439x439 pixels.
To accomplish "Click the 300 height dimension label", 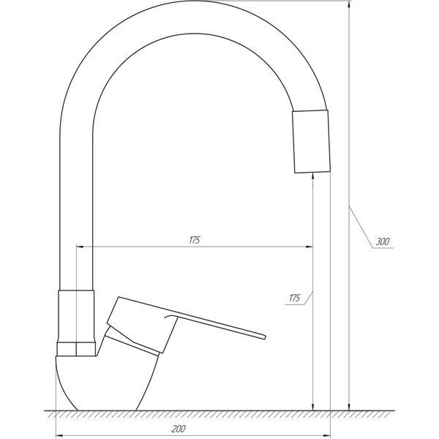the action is click(382, 241).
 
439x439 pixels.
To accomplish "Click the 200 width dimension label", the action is click(179, 429).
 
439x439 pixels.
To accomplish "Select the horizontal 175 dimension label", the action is click(195, 240).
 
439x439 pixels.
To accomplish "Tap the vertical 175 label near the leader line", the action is click(294, 299).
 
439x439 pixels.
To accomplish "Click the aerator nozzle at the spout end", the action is click(311, 141).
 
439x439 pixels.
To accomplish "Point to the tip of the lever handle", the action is click(264, 337).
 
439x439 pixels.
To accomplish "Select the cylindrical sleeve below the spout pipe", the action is click(76, 316).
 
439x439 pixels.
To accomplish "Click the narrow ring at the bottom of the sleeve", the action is click(76, 349).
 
